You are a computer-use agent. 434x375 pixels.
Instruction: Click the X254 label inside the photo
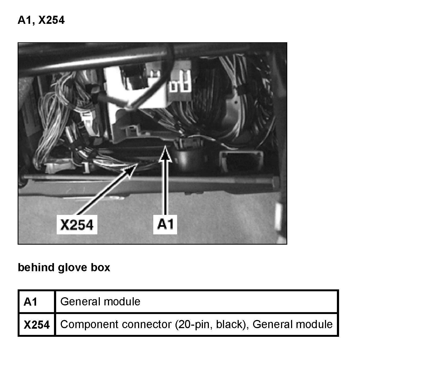pos(77,225)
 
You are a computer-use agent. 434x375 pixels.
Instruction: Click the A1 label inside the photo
pos(165,224)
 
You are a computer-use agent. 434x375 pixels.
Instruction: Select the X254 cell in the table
pos(36,325)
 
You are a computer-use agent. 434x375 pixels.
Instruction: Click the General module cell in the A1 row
pos(100,302)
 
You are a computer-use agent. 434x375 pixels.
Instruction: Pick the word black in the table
pos(231,325)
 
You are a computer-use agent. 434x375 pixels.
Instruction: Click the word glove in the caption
pos(72,267)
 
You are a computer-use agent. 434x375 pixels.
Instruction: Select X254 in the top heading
pos(52,20)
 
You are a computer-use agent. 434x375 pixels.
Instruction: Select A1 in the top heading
pos(25,20)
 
